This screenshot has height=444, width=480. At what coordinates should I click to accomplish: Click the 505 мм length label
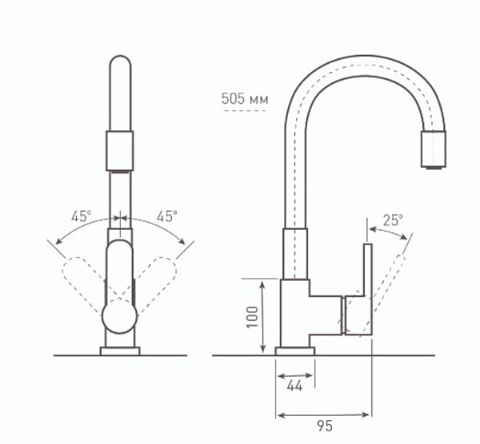(x=245, y=99)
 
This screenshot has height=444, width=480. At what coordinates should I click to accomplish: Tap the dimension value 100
(x=253, y=317)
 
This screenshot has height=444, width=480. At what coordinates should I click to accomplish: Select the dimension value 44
(x=294, y=387)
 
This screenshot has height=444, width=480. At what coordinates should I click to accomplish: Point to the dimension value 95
(x=325, y=426)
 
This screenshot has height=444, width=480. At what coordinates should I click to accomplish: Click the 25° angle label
(x=393, y=220)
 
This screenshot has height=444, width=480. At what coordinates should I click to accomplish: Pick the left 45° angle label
(x=81, y=216)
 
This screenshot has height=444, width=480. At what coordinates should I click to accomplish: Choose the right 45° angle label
(x=167, y=216)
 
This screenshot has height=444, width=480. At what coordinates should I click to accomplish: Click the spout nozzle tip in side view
(x=434, y=149)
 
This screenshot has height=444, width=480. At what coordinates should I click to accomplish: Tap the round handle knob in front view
(x=119, y=317)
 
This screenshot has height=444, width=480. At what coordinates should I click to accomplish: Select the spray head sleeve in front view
(x=120, y=151)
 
